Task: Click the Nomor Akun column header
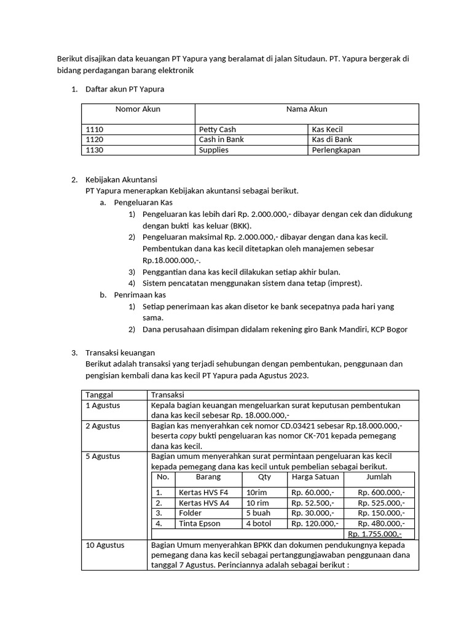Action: [x=138, y=109]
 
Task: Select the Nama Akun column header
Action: [x=306, y=109]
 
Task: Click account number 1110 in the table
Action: [x=95, y=130]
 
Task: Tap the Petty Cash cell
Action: [x=217, y=130]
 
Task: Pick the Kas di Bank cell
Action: [x=332, y=139]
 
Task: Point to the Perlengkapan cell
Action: [x=336, y=150]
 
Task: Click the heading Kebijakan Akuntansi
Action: [x=121, y=180]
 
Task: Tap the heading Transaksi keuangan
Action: [x=120, y=353]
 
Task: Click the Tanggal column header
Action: [x=100, y=395]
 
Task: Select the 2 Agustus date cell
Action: [x=103, y=426]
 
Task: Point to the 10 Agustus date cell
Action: [x=104, y=545]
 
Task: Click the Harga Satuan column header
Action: [x=314, y=477]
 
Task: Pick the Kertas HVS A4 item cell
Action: [x=203, y=502]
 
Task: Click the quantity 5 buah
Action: [x=258, y=513]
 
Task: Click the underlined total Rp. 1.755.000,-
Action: [x=375, y=534]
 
